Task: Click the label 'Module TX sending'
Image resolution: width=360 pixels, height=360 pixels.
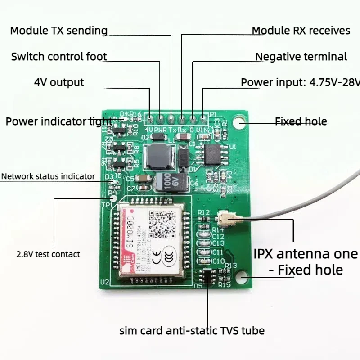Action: tap(58, 31)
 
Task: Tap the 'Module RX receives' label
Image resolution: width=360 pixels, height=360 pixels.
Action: tap(301, 31)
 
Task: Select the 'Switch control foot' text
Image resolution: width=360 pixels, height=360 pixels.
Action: tap(59, 57)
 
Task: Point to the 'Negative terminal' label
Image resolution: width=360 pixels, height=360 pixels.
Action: tap(301, 57)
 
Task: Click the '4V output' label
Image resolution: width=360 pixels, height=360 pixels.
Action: tap(59, 83)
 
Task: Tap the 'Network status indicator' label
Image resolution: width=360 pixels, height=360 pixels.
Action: tap(48, 176)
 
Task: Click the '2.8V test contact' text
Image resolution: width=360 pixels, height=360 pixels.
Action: tap(48, 254)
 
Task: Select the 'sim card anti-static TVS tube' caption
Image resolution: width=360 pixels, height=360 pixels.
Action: tap(192, 331)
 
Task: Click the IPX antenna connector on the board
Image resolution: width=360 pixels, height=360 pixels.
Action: tap(225, 220)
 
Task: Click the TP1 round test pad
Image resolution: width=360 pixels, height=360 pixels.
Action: tap(113, 197)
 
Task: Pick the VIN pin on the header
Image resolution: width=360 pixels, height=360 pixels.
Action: tap(203, 120)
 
